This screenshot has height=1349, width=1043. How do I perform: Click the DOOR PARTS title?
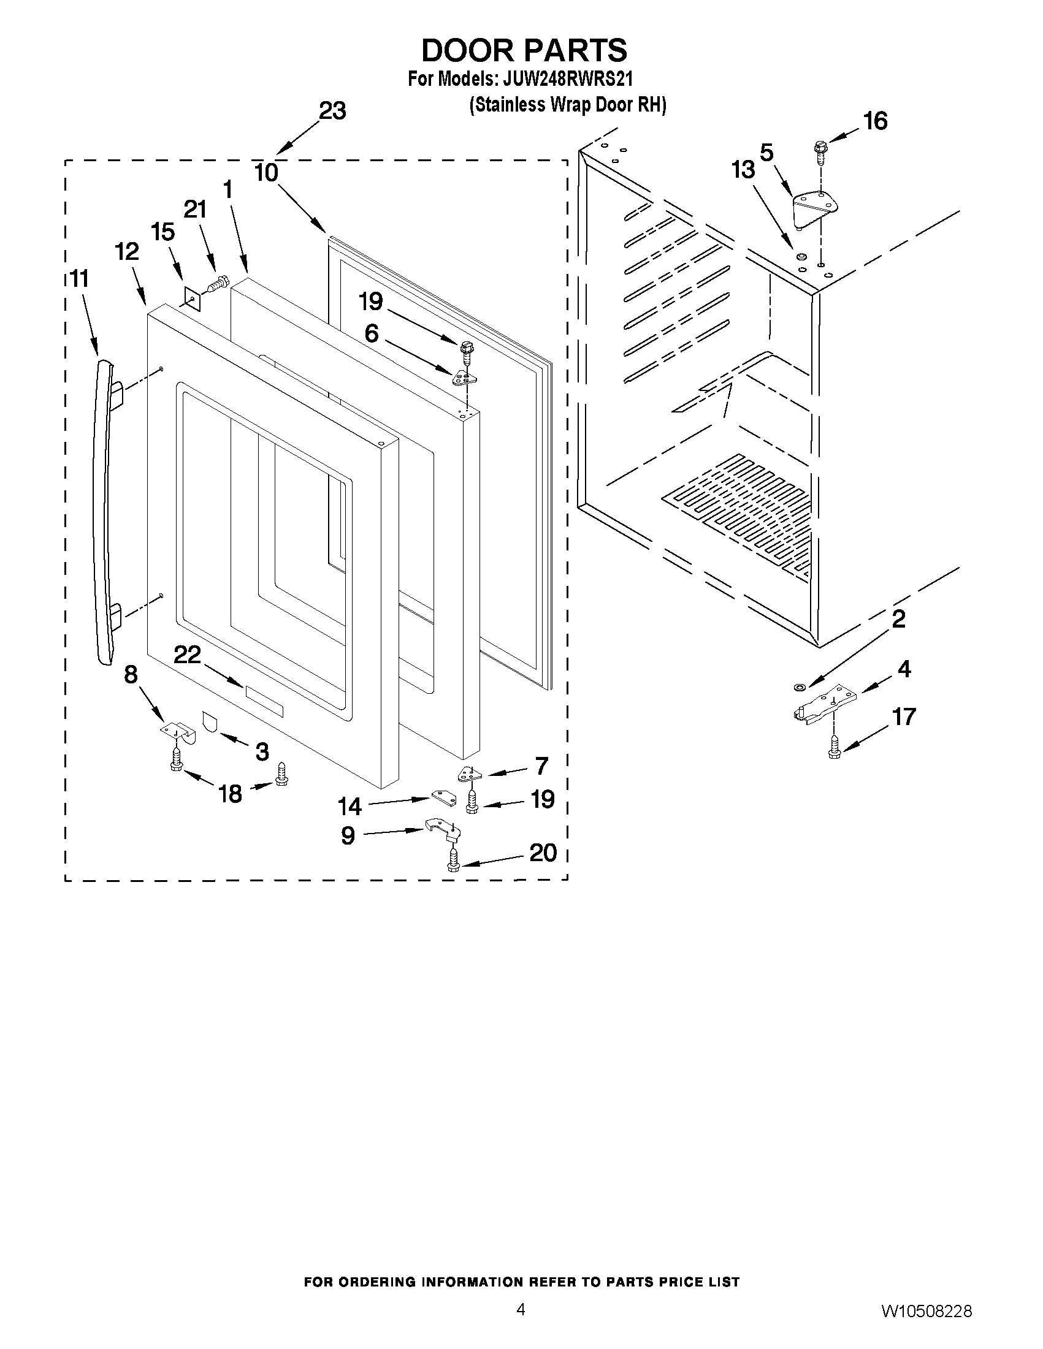click(x=524, y=50)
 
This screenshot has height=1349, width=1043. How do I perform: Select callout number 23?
click(x=332, y=111)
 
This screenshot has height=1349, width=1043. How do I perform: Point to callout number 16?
click(x=876, y=121)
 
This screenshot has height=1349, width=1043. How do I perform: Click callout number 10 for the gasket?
click(x=266, y=173)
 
